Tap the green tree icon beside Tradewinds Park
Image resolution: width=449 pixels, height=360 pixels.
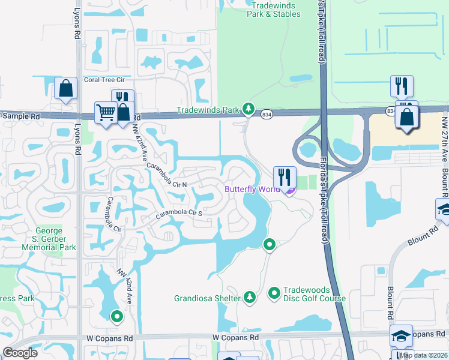pos(249,109)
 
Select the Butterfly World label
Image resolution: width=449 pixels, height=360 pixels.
pos(252,190)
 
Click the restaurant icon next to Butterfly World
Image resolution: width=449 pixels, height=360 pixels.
pos(285,177)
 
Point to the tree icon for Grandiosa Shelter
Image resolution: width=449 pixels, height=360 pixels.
pos(249,297)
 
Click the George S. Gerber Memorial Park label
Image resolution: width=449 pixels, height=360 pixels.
pos(49,239)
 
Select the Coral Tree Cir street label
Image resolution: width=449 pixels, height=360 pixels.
pos(104,79)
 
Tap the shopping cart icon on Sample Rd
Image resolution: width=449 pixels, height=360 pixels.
pos(106,112)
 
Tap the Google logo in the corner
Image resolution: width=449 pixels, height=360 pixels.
pos(20,353)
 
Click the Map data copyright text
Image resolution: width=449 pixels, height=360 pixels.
pos(424,355)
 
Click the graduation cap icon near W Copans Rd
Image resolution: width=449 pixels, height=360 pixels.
pos(401,336)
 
